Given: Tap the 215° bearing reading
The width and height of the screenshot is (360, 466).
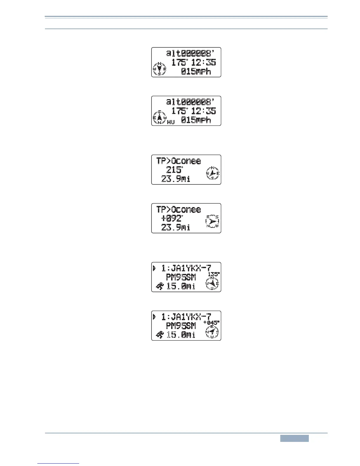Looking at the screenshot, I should click(174, 170).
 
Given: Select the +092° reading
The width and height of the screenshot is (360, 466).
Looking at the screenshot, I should click(172, 219).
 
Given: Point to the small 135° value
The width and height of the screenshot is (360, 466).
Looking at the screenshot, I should click(214, 274).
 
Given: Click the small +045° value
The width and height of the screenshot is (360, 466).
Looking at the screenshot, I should click(211, 323).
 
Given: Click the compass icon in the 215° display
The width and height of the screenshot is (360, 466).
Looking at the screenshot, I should click(213, 173).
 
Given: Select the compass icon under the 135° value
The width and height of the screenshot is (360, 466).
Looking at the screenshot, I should click(212, 284).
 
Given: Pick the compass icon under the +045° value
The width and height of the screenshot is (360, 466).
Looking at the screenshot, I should click(212, 332).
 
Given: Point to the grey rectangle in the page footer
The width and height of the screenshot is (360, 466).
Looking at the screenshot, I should click(294, 438).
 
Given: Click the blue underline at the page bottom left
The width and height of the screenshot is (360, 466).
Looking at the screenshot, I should click(59, 463).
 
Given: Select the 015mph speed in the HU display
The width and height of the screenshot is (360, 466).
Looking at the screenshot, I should click(196, 120).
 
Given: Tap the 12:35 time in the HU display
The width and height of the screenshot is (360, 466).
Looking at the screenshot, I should click(204, 111).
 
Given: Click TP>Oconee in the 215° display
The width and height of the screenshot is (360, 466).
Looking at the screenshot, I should click(179, 161).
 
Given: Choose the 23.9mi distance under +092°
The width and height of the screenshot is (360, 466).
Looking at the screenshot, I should click(176, 227).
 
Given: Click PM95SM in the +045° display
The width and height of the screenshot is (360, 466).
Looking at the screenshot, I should click(181, 326).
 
